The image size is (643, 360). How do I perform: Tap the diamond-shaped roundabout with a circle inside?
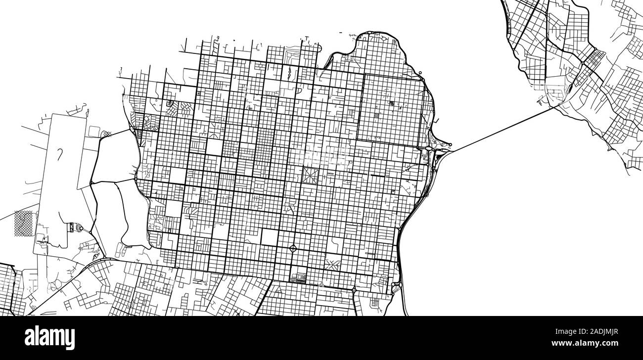point(293,248)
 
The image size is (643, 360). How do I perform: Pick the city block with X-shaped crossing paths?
point(332,264)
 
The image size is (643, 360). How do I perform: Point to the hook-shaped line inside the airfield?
point(60,155)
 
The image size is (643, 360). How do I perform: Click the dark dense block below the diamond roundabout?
point(298,278)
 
